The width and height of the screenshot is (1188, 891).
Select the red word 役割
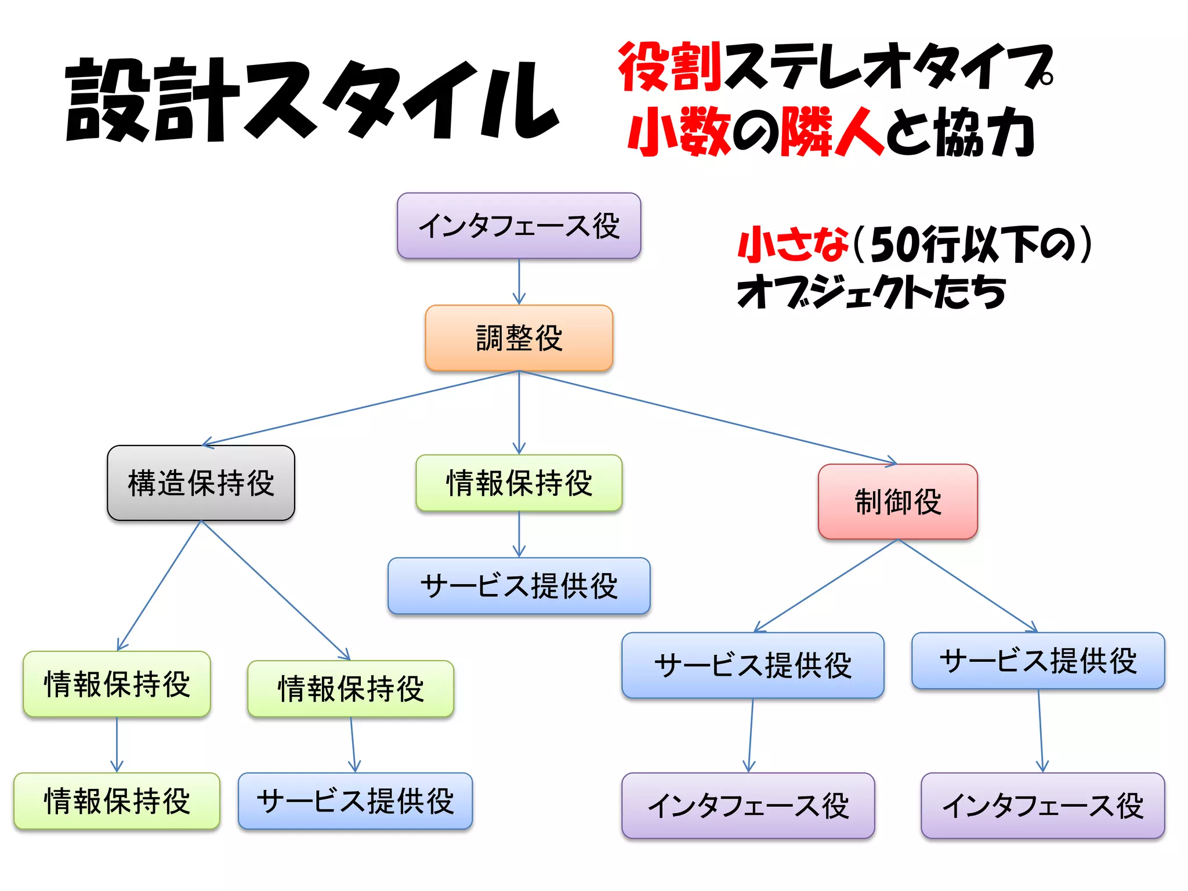[669, 67]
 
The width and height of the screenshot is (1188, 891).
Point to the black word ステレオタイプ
[888, 67]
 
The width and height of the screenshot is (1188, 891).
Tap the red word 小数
[679, 132]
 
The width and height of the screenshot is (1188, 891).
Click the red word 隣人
[833, 132]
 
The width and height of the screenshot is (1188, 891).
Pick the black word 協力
[986, 132]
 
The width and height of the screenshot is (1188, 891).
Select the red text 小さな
[792, 244]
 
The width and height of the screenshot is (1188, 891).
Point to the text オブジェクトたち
[870, 292]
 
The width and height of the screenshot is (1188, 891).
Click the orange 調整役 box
[519, 338]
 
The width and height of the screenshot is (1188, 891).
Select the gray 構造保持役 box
[201, 483]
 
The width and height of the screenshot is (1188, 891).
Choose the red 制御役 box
[897, 501]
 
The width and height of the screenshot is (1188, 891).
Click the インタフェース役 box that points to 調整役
[519, 226]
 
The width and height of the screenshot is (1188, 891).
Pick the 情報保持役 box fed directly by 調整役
[519, 483]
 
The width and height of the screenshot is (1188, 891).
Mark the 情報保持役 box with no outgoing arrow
[117, 801]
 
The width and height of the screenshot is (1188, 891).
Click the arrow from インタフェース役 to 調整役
[519, 281]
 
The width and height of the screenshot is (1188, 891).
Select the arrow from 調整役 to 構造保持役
[360, 408]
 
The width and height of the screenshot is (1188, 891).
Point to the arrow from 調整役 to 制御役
[708, 417]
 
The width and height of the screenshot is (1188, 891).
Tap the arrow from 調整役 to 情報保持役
[519, 412]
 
